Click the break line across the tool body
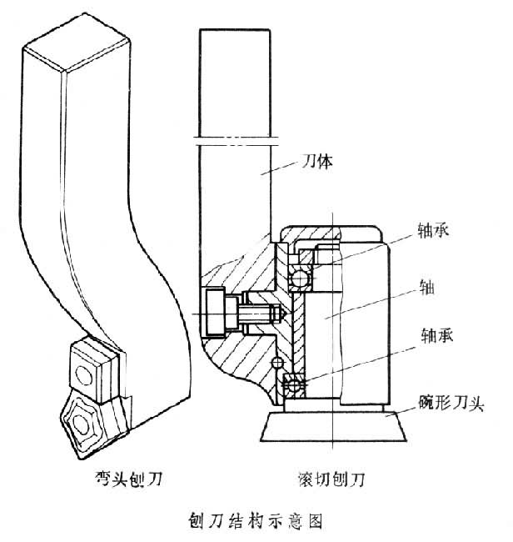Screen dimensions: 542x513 (235, 138)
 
